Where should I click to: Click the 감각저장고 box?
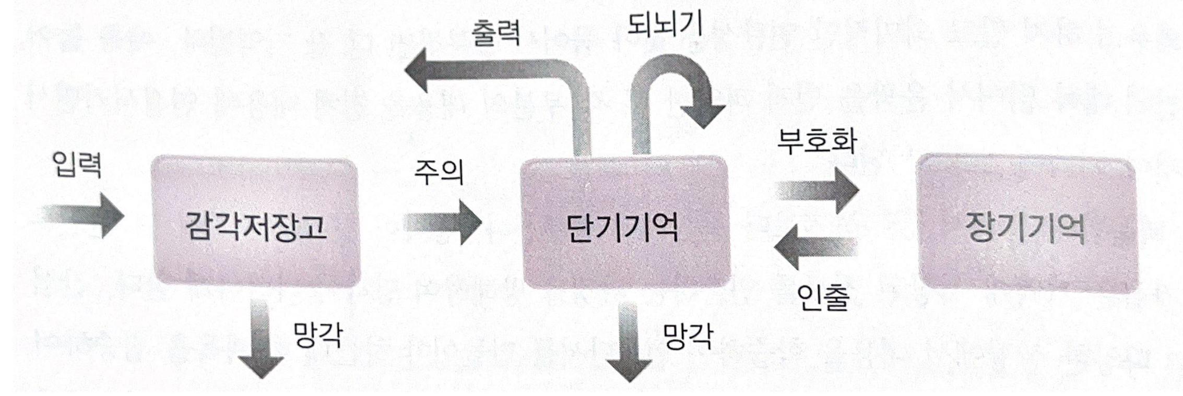(x=255, y=224)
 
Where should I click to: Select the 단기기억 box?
(x=626, y=224)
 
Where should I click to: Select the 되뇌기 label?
(x=665, y=24)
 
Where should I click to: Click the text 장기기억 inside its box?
(x=1026, y=227)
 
